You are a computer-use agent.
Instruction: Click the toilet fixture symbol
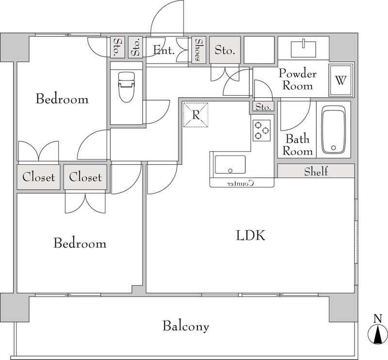(x=127, y=87)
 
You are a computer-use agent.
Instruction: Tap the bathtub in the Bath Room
(x=333, y=130)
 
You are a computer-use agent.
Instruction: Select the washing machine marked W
(x=341, y=80)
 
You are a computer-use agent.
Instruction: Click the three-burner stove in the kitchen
(x=261, y=130)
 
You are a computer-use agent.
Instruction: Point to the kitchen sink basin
(x=230, y=165)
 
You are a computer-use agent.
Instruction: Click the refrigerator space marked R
(x=195, y=115)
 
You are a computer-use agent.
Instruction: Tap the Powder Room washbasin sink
(x=304, y=49)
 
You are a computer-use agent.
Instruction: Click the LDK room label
(x=251, y=235)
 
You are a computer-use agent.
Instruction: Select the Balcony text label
(x=186, y=326)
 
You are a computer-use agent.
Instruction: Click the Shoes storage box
(x=199, y=50)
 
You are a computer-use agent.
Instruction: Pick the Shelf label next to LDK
(x=316, y=172)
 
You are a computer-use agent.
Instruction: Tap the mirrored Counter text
(x=241, y=183)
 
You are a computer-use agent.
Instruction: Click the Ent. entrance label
(x=164, y=50)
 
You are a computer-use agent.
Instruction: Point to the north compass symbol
(x=378, y=333)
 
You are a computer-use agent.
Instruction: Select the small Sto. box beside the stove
(x=263, y=107)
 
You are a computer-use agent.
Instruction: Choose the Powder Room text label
(x=298, y=79)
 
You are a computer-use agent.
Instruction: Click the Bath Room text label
(x=297, y=145)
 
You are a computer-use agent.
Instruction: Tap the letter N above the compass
(x=378, y=318)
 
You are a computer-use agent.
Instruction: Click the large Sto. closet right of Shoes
(x=225, y=50)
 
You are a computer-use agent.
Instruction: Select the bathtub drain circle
(x=333, y=148)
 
